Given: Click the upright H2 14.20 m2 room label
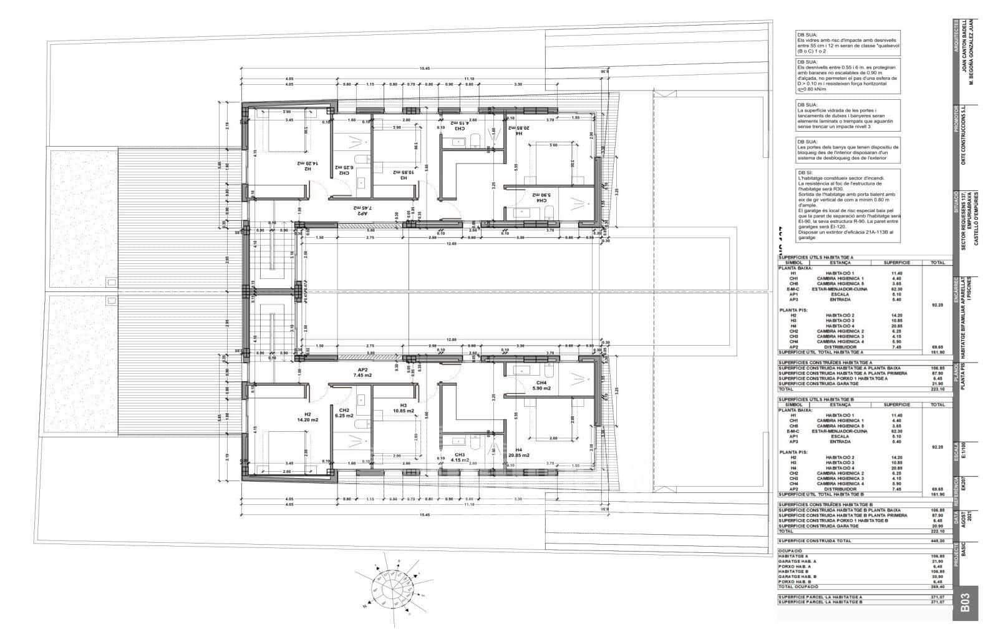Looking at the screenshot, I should point(308,417).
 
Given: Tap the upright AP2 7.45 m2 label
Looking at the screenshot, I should point(362,372).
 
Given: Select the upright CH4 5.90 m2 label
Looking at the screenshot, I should point(541,385).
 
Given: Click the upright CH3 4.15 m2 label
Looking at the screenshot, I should point(460,457).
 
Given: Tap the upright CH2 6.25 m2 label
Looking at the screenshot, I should point(344,412).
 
